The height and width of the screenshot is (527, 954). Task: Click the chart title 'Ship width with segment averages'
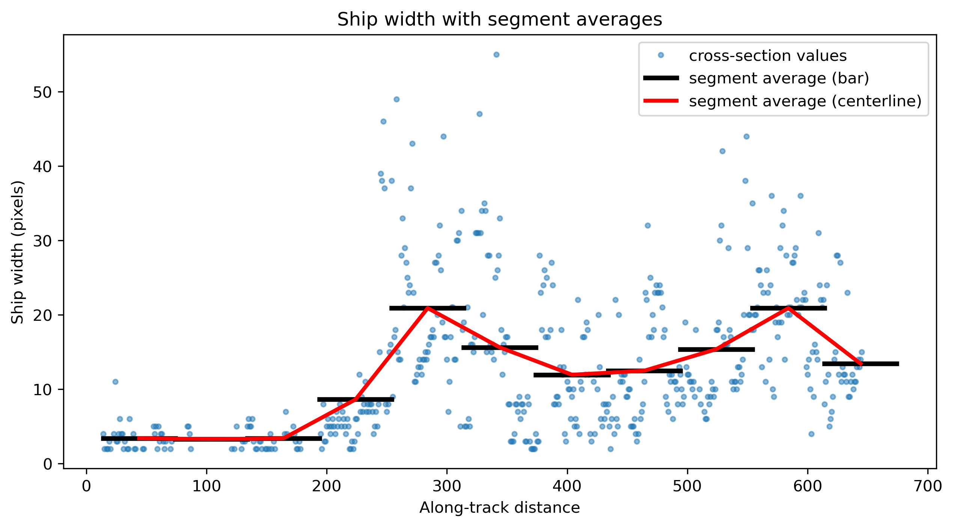click(x=499, y=20)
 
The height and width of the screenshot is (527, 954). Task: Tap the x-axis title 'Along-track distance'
click(x=499, y=508)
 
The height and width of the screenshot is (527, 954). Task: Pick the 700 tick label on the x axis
click(x=928, y=486)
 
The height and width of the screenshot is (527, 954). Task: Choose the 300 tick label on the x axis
click(x=447, y=486)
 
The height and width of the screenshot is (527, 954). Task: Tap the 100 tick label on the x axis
click(x=206, y=486)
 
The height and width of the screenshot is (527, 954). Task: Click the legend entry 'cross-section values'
click(x=768, y=56)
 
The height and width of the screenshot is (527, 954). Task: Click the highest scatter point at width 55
click(x=496, y=54)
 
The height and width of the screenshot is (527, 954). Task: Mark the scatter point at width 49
click(x=396, y=99)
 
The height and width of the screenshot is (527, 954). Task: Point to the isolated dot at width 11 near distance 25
click(x=115, y=382)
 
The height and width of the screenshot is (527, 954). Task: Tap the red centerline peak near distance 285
click(x=428, y=308)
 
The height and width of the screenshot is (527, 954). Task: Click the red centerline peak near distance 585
click(x=788, y=308)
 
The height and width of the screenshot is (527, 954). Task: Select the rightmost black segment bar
click(x=861, y=364)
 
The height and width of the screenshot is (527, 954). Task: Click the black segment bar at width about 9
click(x=356, y=399)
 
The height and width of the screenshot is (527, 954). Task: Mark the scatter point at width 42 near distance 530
click(x=722, y=151)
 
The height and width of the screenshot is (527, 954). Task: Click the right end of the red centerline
click(x=861, y=364)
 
